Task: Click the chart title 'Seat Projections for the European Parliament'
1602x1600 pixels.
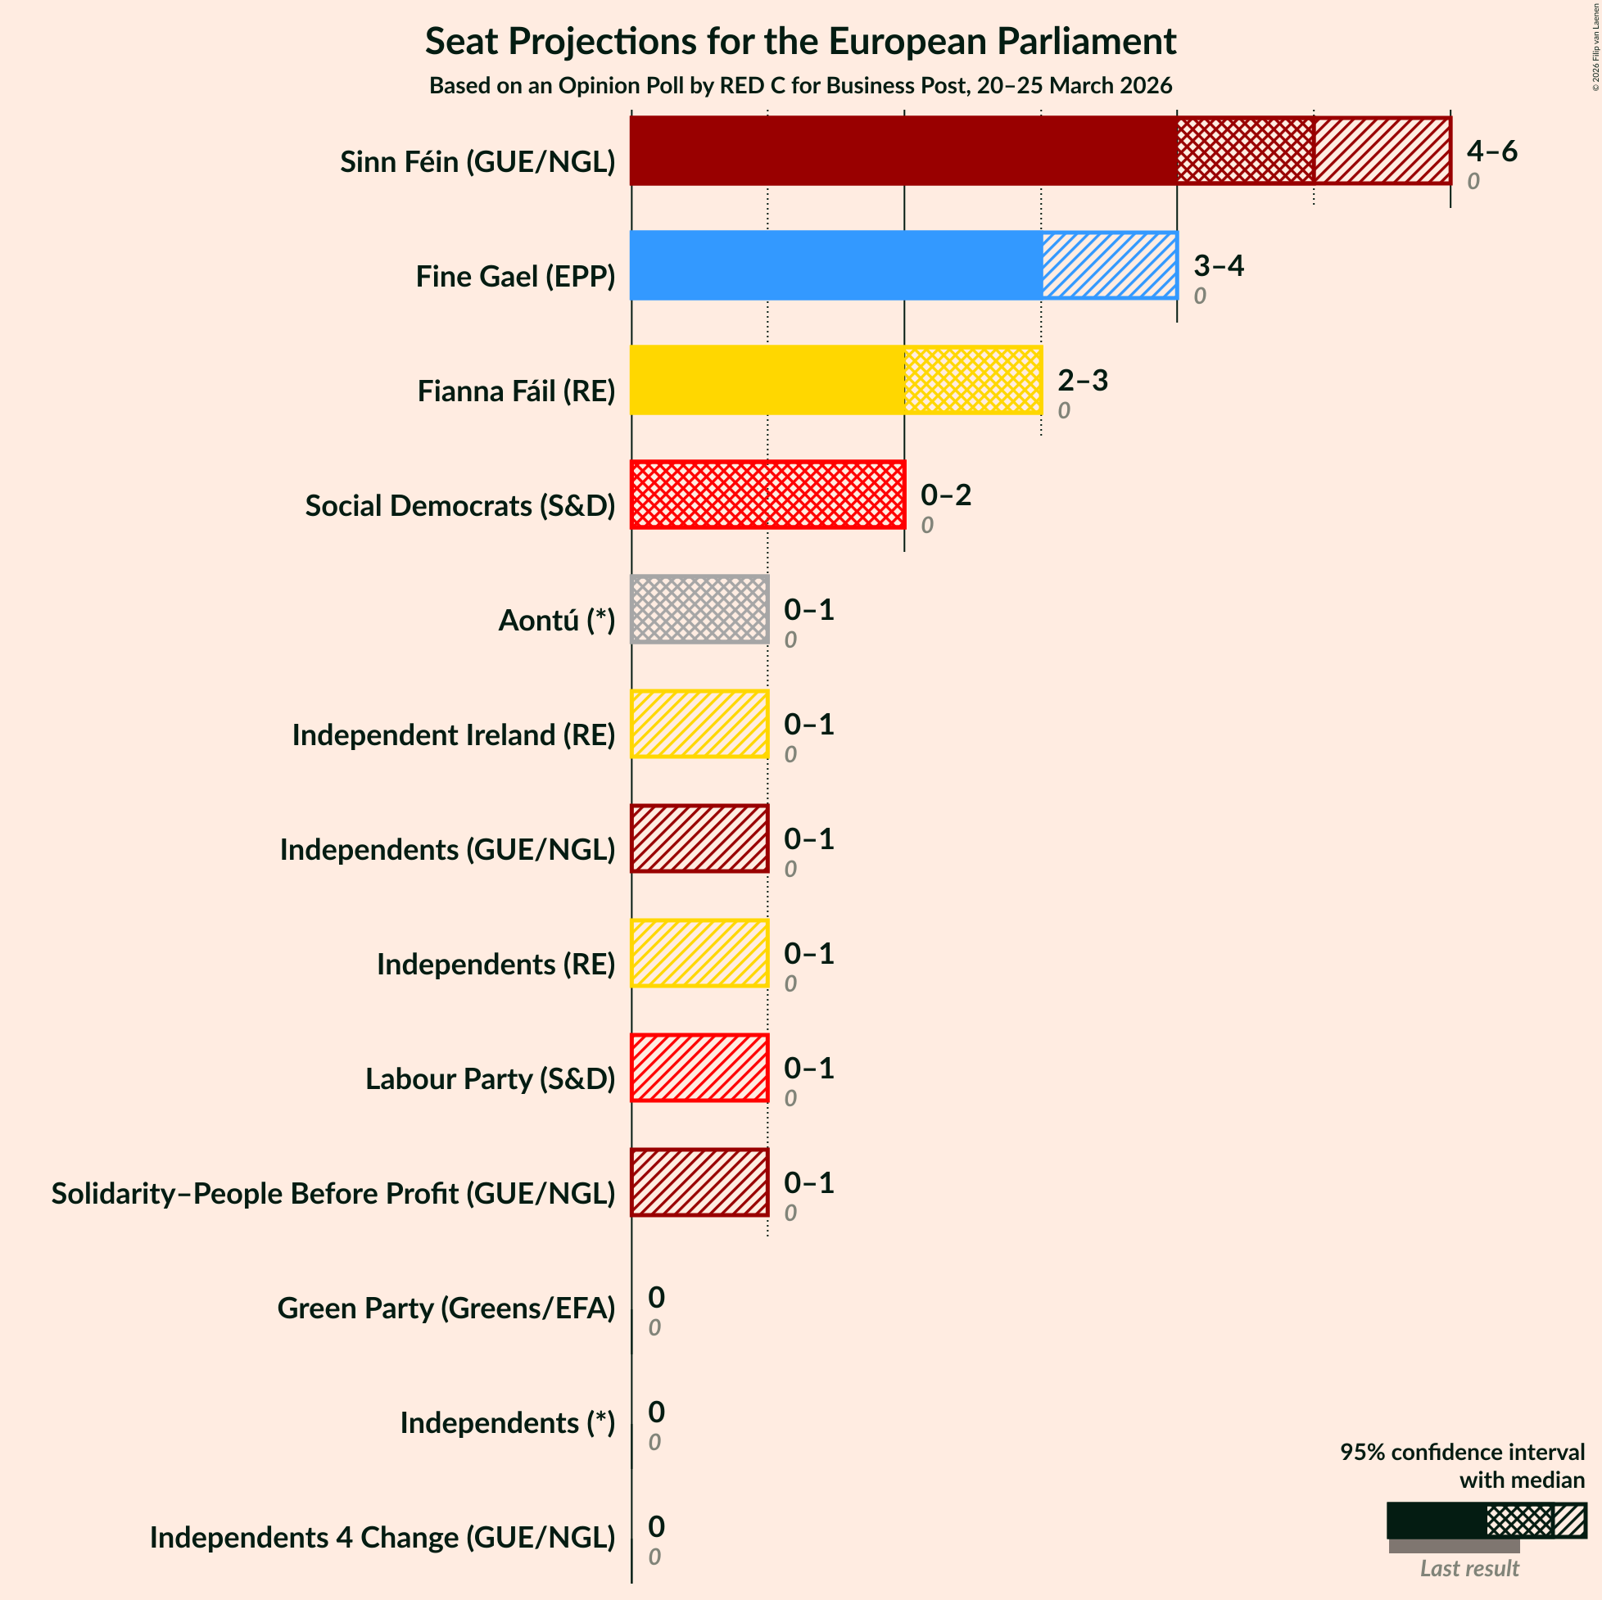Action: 800,42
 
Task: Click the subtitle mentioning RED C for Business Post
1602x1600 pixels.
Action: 800,86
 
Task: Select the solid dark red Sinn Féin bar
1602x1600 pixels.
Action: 903,150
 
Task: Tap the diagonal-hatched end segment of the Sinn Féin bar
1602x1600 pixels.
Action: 1382,150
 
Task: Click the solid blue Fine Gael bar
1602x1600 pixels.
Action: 835,265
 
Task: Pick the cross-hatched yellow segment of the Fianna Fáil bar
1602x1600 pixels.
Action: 972,380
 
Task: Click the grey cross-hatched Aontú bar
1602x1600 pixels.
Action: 699,609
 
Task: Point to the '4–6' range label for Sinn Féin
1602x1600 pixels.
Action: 1491,151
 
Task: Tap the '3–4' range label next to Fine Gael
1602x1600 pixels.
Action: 1218,265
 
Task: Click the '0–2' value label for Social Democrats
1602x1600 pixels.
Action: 945,495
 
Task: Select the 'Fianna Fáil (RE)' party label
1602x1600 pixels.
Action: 516,391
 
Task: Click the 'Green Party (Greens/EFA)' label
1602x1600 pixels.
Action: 446,1308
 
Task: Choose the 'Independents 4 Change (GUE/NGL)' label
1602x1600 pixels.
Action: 382,1537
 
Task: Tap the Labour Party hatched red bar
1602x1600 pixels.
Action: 699,1068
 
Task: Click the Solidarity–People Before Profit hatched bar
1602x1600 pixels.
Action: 699,1182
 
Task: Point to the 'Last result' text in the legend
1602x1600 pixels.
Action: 1468,1568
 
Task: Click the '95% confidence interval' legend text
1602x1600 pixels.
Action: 1462,1452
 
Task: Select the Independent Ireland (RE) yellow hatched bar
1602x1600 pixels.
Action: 699,724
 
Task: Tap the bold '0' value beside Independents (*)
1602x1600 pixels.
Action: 656,1411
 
